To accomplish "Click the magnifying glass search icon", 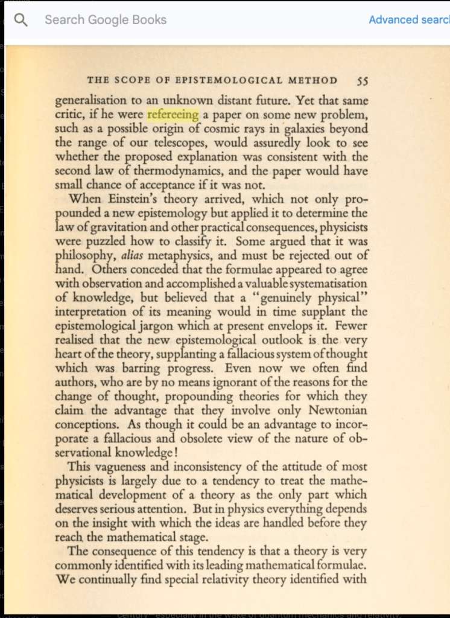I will coord(21,20).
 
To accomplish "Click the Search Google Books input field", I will coord(181,20).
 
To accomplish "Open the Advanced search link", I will coord(408,20).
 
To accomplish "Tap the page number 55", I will coord(362,80).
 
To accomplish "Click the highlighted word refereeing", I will coord(173,115).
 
